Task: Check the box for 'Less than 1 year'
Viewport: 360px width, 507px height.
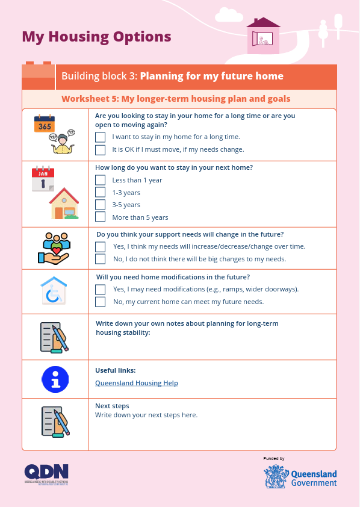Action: pyautogui.click(x=101, y=180)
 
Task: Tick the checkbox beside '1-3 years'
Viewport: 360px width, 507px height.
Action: pyautogui.click(x=101, y=193)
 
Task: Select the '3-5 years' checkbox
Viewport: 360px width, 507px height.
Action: pyautogui.click(x=101, y=205)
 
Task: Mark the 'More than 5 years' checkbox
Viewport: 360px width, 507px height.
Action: pyautogui.click(x=101, y=217)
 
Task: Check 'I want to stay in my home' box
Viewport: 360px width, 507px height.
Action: pyautogui.click(x=101, y=137)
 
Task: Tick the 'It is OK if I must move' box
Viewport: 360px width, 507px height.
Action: pyautogui.click(x=101, y=149)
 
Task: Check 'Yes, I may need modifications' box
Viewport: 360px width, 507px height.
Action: pyautogui.click(x=101, y=289)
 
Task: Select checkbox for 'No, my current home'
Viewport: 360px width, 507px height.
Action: pyautogui.click(x=101, y=302)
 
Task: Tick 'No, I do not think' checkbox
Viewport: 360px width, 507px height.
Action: pyautogui.click(x=101, y=259)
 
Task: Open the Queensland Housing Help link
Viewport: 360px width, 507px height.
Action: pyautogui.click(x=137, y=383)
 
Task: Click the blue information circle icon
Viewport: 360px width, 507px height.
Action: pyautogui.click(x=55, y=379)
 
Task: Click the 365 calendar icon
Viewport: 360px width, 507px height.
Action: pyautogui.click(x=45, y=125)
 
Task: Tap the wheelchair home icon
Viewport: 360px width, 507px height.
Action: pyautogui.click(x=54, y=291)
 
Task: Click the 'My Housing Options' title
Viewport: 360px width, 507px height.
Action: pyautogui.click(x=96, y=37)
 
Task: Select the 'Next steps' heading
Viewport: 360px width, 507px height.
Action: pyautogui.click(x=112, y=406)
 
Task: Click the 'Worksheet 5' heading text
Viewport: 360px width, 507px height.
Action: pyautogui.click(x=176, y=99)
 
